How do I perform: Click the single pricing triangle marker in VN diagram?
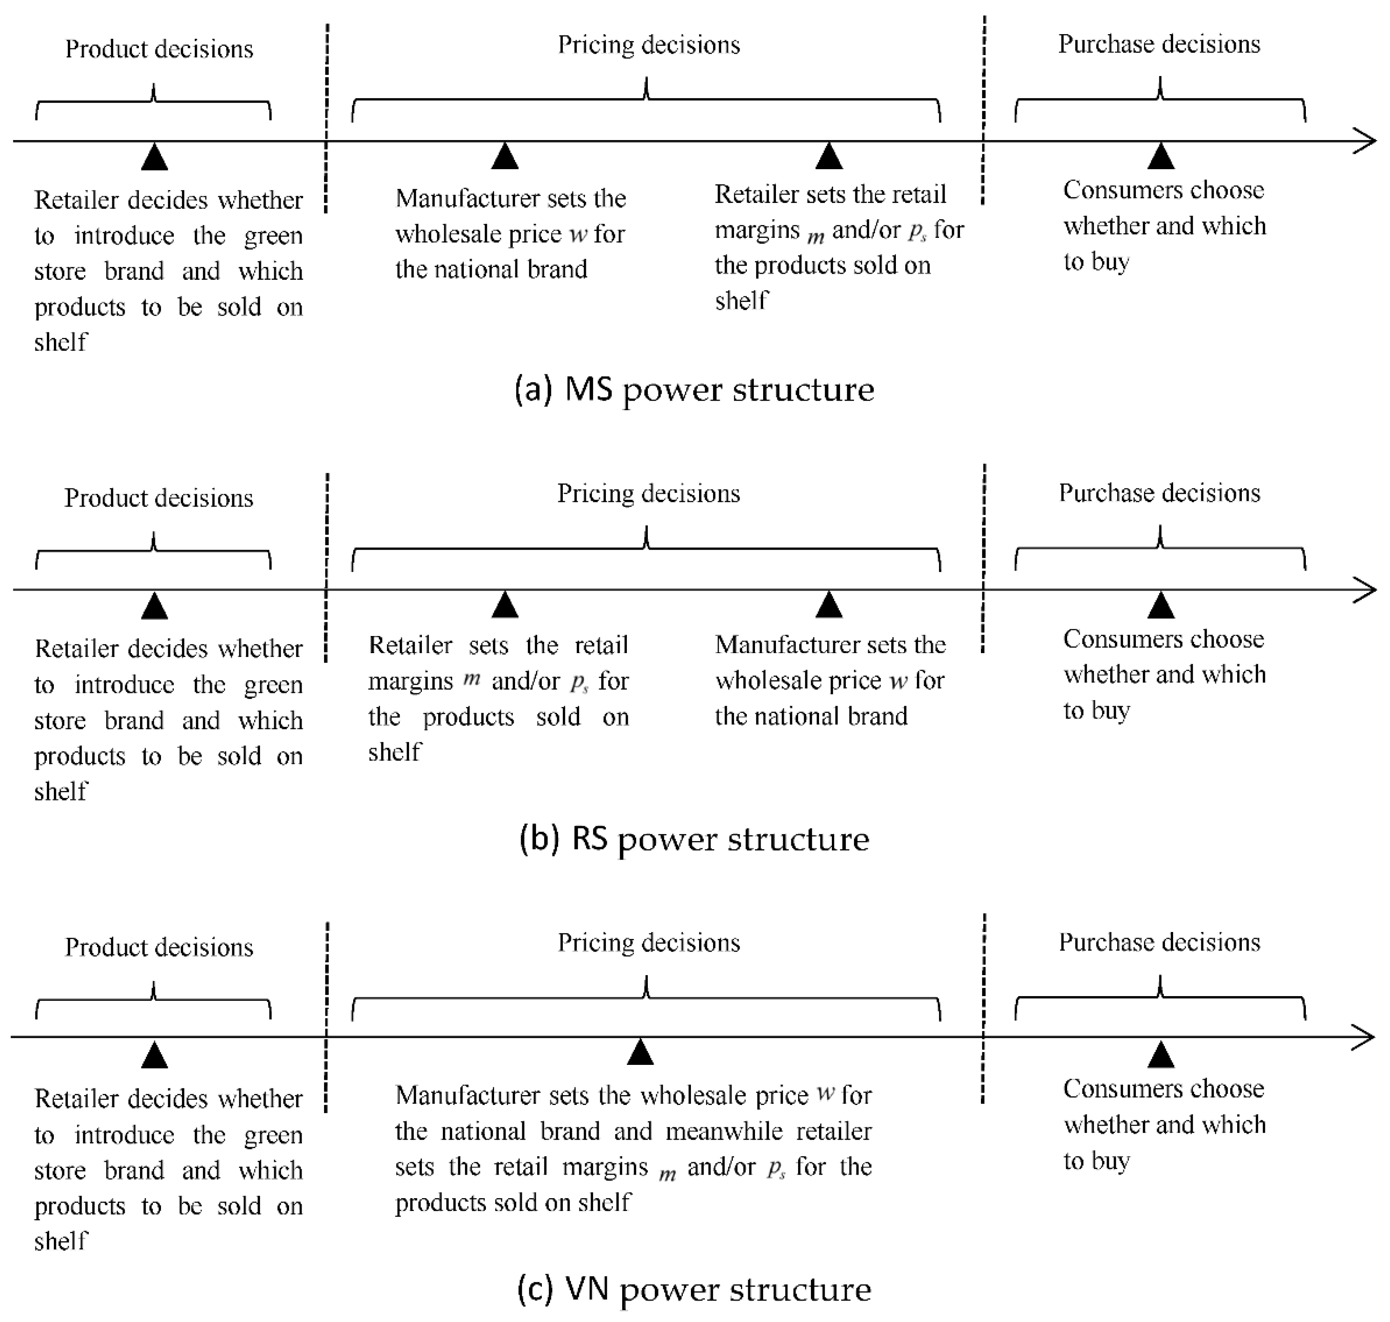pos(640,1053)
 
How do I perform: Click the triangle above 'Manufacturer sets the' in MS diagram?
pos(504,156)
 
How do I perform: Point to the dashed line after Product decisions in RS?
pos(326,564)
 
